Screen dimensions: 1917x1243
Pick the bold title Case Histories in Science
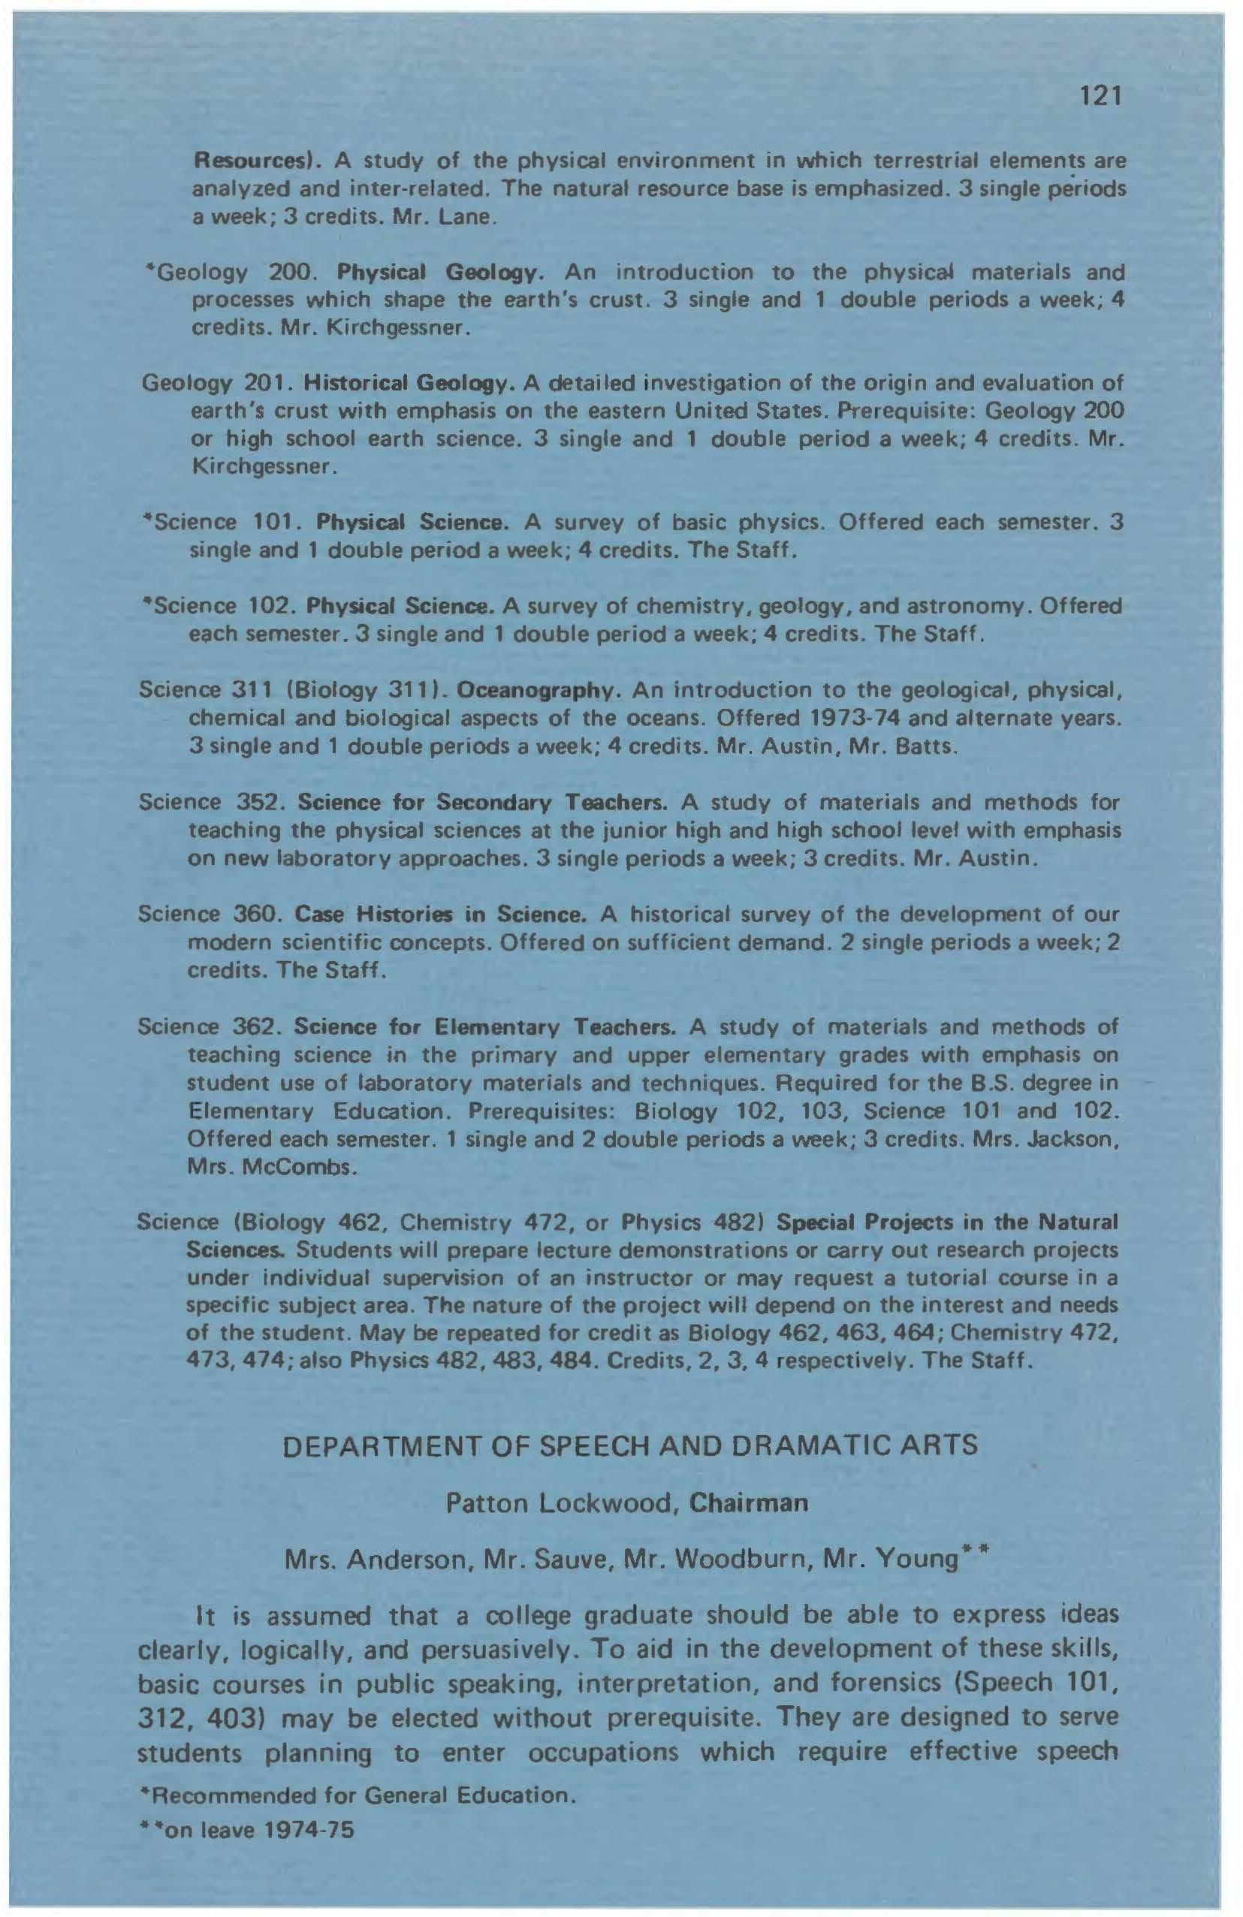(x=440, y=915)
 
